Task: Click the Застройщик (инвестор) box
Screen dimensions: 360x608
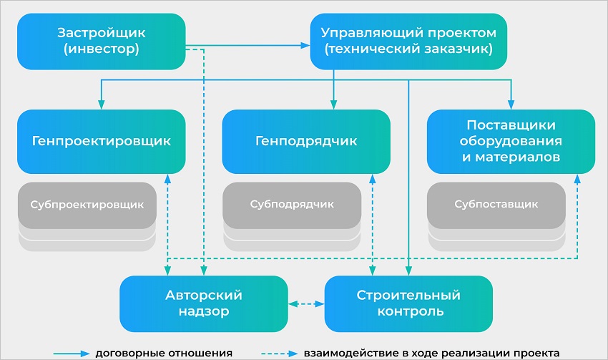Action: click(101, 42)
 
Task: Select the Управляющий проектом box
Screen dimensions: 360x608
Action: click(408, 42)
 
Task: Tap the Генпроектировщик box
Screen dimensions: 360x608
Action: click(101, 141)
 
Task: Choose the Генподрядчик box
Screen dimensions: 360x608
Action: click(305, 141)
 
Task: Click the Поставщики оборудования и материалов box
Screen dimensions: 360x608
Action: click(510, 141)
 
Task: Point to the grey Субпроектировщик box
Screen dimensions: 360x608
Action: click(87, 204)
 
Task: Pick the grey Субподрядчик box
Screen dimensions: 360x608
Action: click(292, 204)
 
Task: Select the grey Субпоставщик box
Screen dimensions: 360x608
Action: click(496, 204)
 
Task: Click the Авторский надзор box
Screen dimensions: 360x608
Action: click(204, 303)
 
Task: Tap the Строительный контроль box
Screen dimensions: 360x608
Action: click(408, 303)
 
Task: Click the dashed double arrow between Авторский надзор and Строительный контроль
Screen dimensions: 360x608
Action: click(306, 303)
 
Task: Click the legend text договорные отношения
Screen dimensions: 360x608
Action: click(165, 353)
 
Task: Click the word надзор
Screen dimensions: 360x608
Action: click(204, 312)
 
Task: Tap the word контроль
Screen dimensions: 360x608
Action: click(408, 312)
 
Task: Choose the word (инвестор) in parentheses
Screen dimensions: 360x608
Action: click(101, 50)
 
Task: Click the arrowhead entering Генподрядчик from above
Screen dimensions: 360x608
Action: click(334, 104)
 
